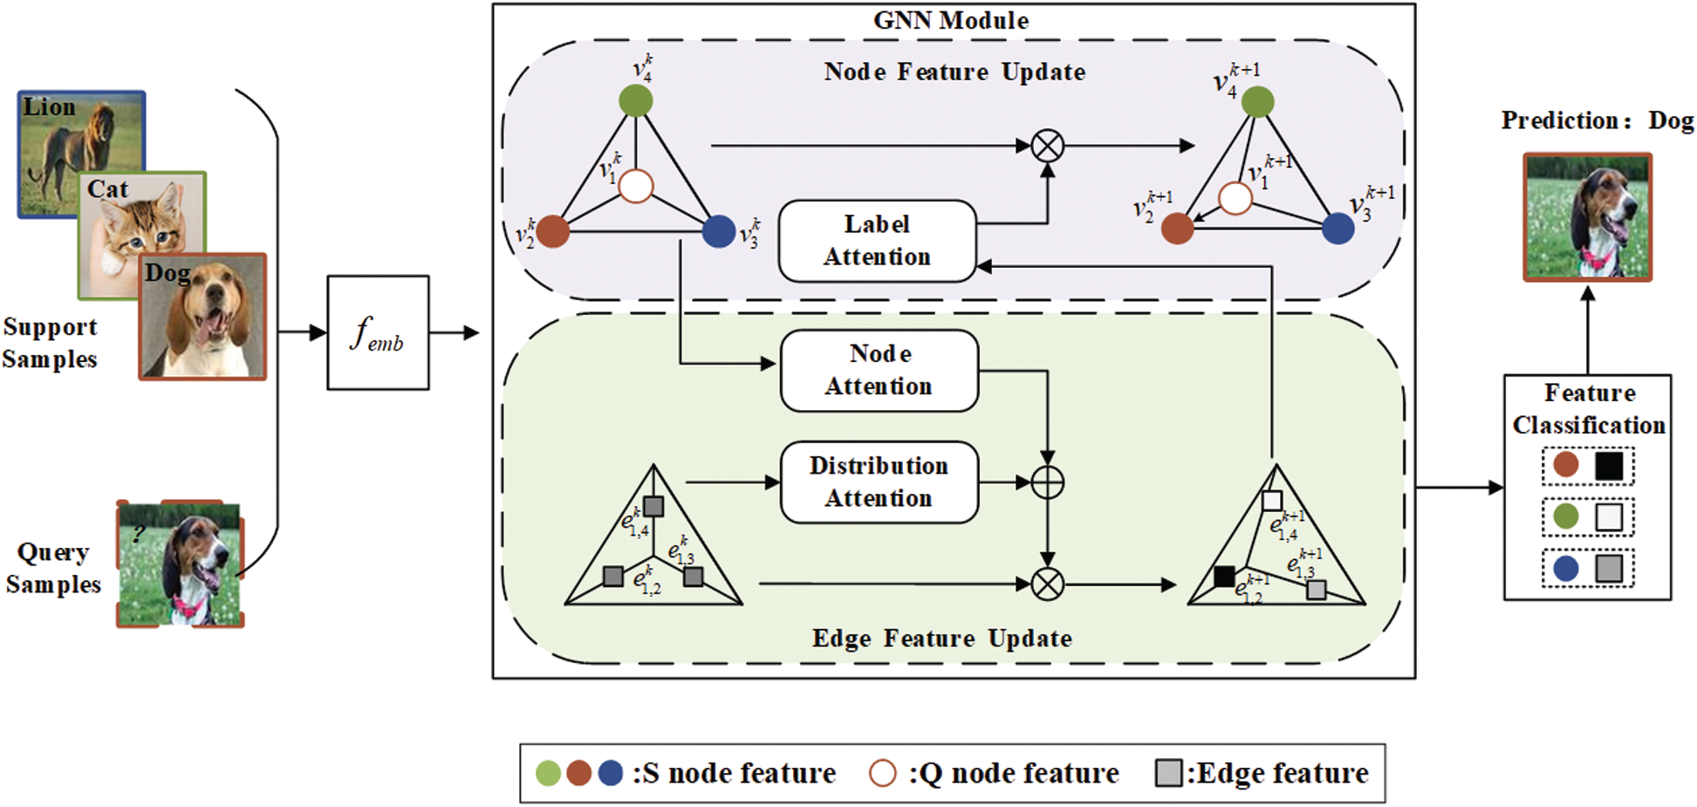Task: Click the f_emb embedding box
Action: (378, 332)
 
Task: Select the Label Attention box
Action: (877, 241)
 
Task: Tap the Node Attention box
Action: (879, 370)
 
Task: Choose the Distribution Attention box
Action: (879, 482)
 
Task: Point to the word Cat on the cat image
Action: (107, 189)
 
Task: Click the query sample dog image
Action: (181, 564)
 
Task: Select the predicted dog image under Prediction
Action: (1587, 217)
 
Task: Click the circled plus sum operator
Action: (1047, 482)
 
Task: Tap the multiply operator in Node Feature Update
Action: (1047, 146)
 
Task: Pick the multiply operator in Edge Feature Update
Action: (1047, 584)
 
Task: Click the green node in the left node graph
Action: (636, 100)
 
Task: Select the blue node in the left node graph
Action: (718, 231)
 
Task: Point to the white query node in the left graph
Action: (636, 186)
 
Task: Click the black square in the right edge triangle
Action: (1224, 576)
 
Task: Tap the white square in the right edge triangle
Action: (1272, 501)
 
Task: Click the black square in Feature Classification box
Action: (1609, 466)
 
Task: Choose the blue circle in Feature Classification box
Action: (1566, 569)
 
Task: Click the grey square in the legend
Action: (1168, 773)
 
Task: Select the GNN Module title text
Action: (951, 21)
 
